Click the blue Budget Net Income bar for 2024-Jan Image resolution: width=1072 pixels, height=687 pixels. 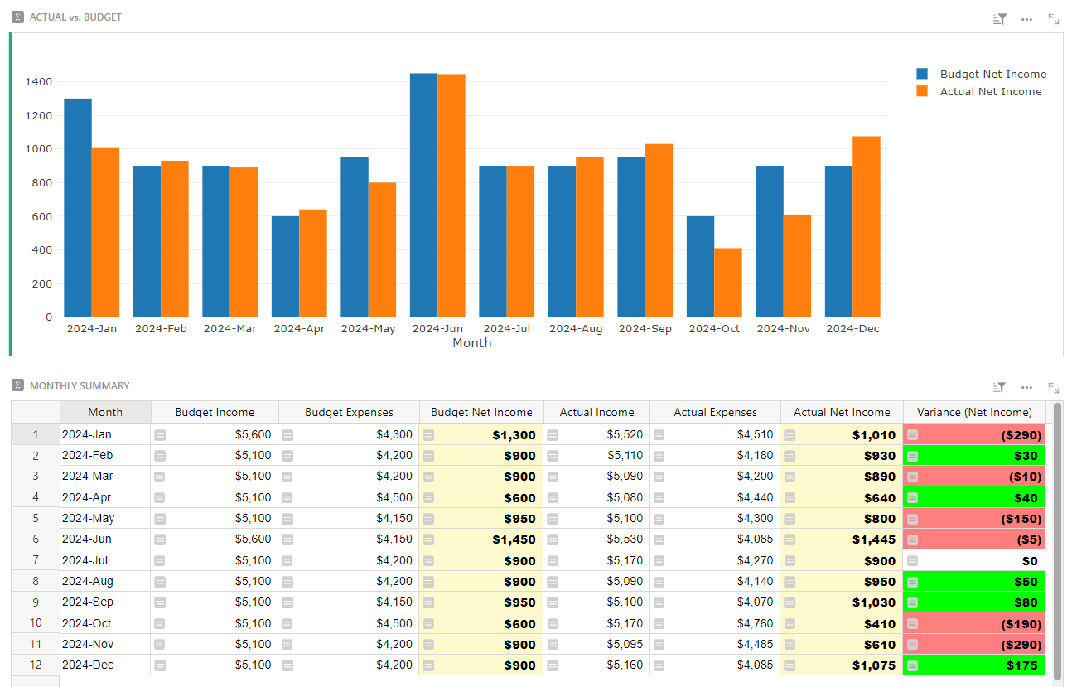click(x=78, y=207)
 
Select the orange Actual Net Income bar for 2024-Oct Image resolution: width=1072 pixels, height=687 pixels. click(x=728, y=283)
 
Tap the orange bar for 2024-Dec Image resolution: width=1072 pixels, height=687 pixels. click(x=867, y=226)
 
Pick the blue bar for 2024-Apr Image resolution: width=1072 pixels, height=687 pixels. click(x=285, y=266)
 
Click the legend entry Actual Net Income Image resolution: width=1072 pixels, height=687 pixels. click(x=990, y=92)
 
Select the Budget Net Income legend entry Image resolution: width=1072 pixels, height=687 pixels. click(x=992, y=75)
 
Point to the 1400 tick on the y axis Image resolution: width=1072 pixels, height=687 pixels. click(x=38, y=82)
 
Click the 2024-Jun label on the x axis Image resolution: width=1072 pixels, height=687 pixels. click(x=437, y=329)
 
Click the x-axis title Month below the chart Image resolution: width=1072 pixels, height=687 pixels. click(x=472, y=343)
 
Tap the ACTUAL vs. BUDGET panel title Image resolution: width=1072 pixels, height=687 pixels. click(x=75, y=17)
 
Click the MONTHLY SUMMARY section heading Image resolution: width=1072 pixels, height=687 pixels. click(x=80, y=386)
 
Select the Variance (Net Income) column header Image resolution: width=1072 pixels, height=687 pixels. click(x=974, y=412)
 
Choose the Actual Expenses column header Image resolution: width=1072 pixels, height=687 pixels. click(x=715, y=412)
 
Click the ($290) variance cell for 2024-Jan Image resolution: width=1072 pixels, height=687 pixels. click(x=974, y=434)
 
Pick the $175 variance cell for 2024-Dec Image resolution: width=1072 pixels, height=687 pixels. click(x=974, y=665)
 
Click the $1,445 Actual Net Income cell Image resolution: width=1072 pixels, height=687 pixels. click(x=842, y=539)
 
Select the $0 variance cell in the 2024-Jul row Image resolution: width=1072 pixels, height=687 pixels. click(x=974, y=561)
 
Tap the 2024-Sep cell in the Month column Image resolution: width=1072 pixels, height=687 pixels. click(x=88, y=602)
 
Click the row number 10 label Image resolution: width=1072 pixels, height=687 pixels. click(x=36, y=623)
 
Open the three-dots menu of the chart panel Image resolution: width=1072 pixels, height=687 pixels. click(x=1027, y=18)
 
